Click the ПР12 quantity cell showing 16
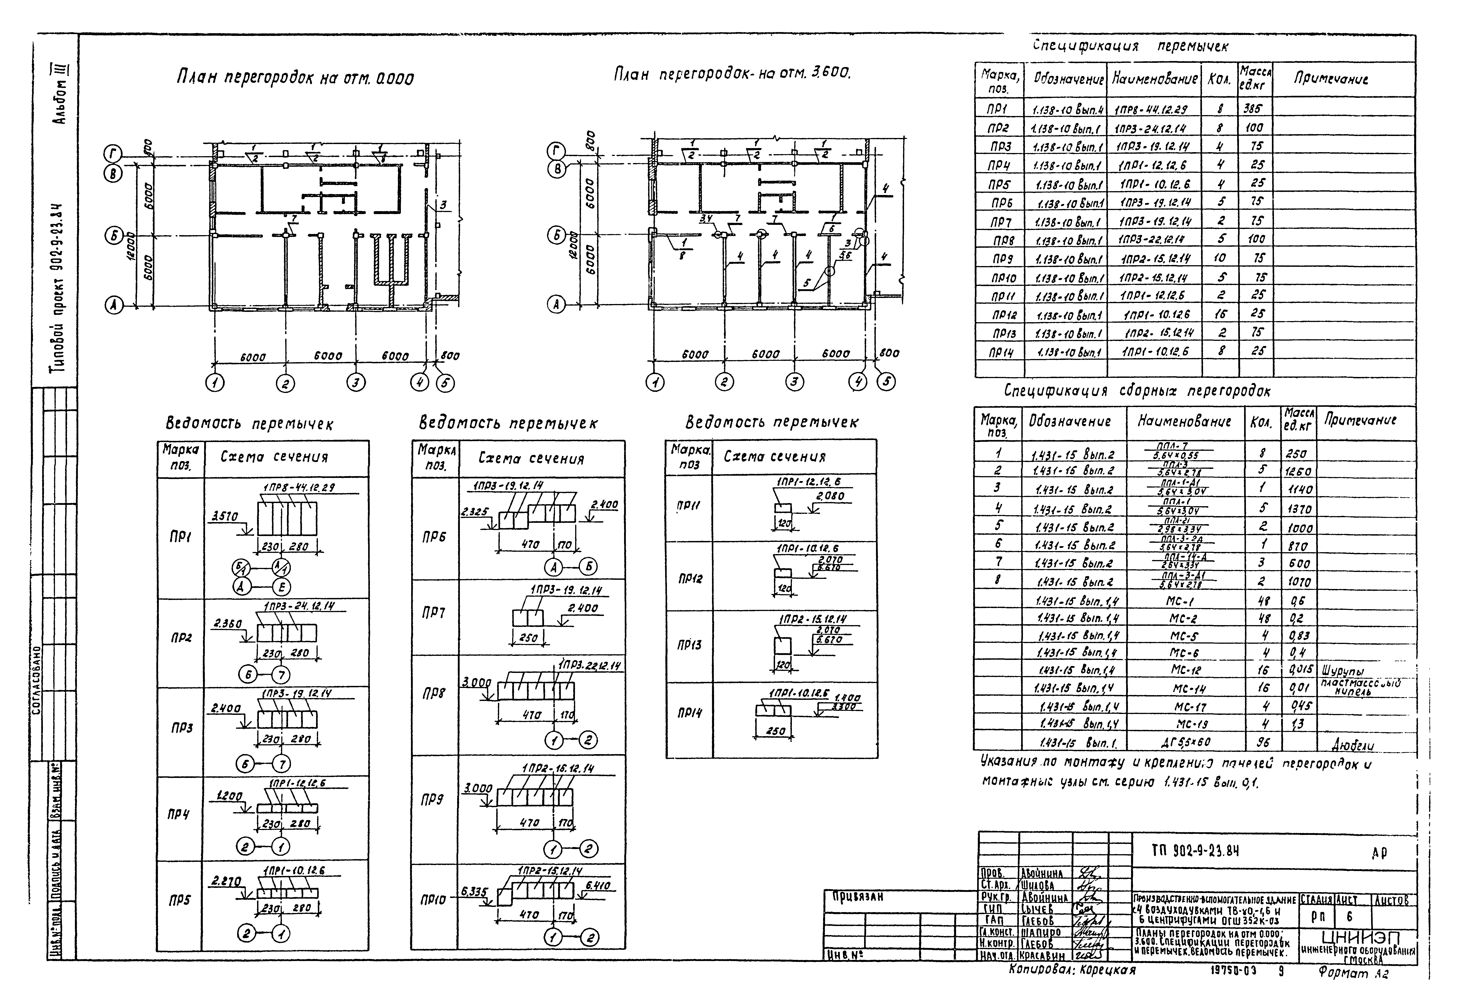(1221, 314)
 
